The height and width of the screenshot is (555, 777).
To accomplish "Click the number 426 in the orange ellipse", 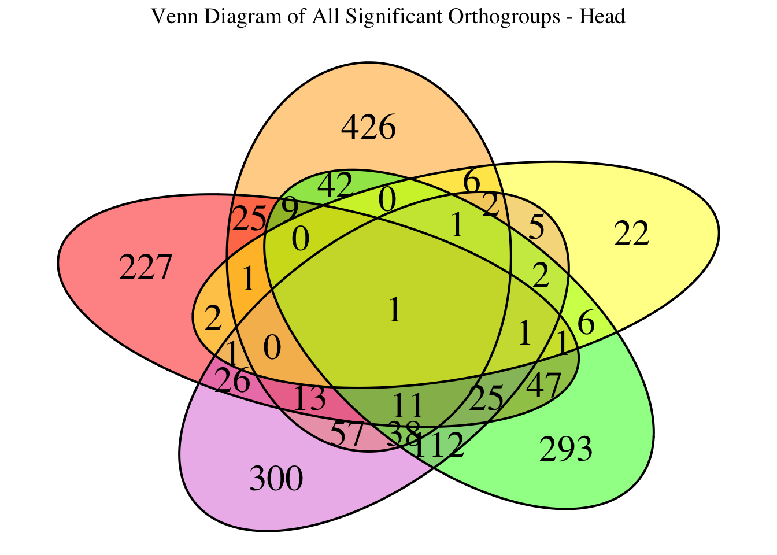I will click(x=368, y=128).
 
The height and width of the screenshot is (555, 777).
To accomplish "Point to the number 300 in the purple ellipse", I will click(x=276, y=479).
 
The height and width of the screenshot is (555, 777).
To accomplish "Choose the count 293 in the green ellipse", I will click(x=565, y=450).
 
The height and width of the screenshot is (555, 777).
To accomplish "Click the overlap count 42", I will click(x=335, y=186).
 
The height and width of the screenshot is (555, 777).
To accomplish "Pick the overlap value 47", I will click(x=544, y=384).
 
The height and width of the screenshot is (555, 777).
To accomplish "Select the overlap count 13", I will click(x=310, y=399).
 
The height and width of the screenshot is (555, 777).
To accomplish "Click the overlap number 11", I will click(x=408, y=406).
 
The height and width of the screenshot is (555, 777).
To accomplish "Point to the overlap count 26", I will click(x=232, y=382).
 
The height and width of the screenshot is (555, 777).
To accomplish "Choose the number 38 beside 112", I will click(x=403, y=431).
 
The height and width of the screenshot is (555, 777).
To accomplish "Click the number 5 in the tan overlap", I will click(x=536, y=229).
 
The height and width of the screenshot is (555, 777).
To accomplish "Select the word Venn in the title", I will click(x=169, y=17).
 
